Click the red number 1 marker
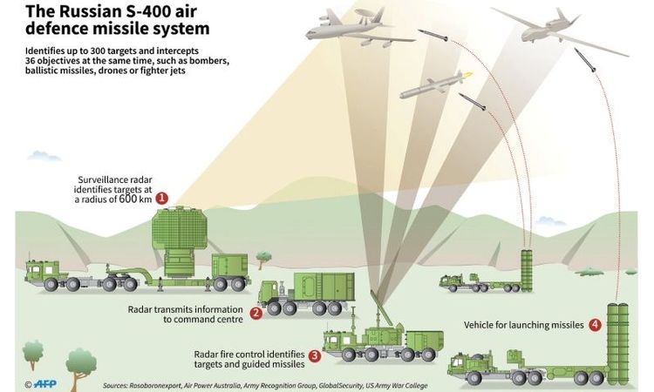pyautogui.click(x=162, y=199)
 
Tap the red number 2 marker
pyautogui.click(x=255, y=314)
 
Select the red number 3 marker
pyautogui.click(x=315, y=355)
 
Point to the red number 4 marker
pyautogui.click(x=596, y=325)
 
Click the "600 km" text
pyautogui.click(x=135, y=199)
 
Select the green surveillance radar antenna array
pyautogui.click(x=180, y=228)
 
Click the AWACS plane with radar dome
pyautogui.click(x=359, y=29)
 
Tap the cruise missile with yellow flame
pyautogui.click(x=436, y=84)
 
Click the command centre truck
pyautogui.click(x=306, y=294)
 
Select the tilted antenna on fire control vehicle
pyautogui.click(x=381, y=308)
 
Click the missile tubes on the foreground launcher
pyautogui.click(x=617, y=343)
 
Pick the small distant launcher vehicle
pyautogui.click(x=487, y=272)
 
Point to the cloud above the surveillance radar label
pyautogui.click(x=44, y=156)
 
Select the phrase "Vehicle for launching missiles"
pyautogui.click(x=524, y=325)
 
